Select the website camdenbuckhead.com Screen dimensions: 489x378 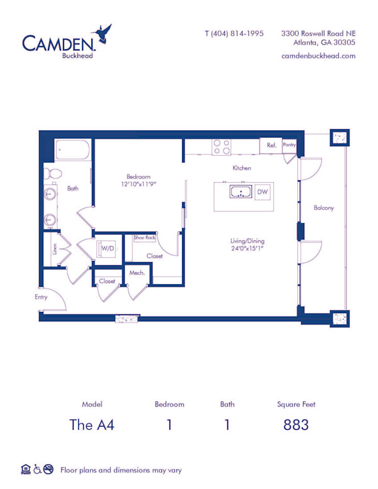[319, 55]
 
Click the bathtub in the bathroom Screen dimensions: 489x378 [72, 150]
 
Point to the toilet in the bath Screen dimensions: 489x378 [52, 173]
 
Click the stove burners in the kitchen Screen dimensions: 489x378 [221, 147]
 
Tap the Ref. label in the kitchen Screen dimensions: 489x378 [272, 146]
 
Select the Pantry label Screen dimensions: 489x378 [289, 144]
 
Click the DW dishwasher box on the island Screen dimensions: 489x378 [263, 192]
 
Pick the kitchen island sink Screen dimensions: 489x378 [240, 192]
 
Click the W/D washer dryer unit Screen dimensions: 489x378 [108, 248]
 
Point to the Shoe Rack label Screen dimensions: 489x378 [144, 238]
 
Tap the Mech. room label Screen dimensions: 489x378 [137, 273]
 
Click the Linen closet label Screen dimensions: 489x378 [54, 251]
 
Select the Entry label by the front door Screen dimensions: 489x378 [41, 296]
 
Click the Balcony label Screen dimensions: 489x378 [324, 208]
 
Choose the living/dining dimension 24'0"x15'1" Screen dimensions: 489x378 [246, 248]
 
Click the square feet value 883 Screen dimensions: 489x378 [295, 424]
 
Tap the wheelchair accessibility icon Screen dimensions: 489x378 [37, 469]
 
